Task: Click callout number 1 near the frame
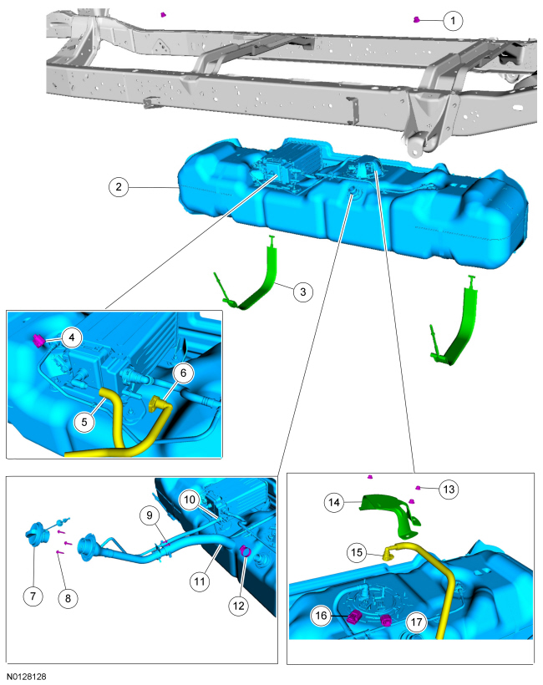tap(453, 21)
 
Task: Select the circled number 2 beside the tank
tap(119, 187)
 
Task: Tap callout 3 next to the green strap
tap(303, 292)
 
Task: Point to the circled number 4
tap(72, 337)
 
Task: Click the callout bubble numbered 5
tap(84, 422)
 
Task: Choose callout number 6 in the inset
tap(184, 373)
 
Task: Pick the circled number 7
tap(33, 596)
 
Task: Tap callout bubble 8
tap(69, 598)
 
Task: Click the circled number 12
tap(239, 606)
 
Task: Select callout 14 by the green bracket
tap(334, 502)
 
